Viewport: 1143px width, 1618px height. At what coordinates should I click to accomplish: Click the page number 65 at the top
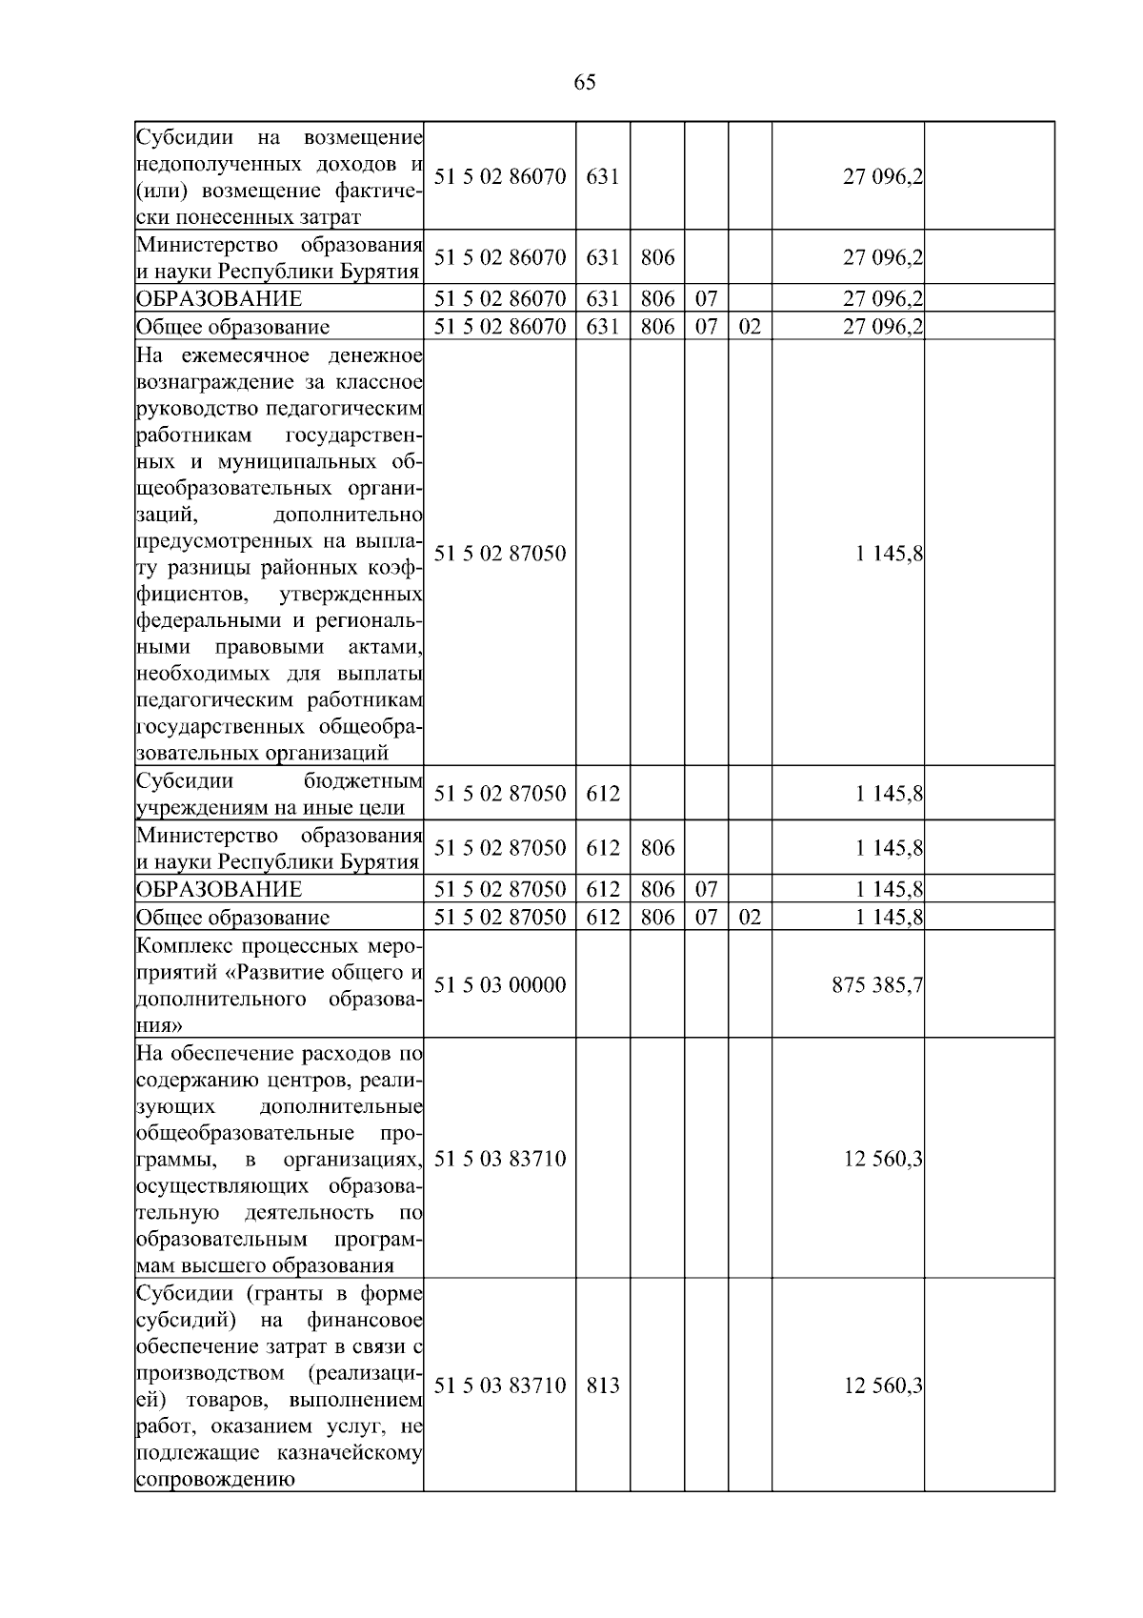tap(585, 83)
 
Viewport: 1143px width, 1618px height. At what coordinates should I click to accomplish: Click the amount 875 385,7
tap(876, 984)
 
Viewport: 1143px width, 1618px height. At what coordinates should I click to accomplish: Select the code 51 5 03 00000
tap(500, 984)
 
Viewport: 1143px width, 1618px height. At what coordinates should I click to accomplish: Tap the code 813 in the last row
tap(603, 1385)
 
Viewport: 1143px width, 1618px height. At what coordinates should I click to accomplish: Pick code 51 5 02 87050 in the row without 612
tap(500, 554)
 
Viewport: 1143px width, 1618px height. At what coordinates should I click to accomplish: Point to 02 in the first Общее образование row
tap(750, 327)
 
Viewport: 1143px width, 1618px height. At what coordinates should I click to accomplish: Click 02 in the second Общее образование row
tap(750, 918)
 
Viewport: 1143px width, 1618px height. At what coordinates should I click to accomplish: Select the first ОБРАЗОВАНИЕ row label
tap(219, 299)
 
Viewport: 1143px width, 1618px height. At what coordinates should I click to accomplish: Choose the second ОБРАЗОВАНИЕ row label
tap(219, 890)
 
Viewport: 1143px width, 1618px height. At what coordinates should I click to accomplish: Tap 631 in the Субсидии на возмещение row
tap(603, 177)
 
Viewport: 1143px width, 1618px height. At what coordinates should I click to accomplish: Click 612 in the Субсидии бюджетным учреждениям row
tap(603, 794)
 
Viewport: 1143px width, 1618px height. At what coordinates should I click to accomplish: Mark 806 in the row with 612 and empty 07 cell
tap(657, 848)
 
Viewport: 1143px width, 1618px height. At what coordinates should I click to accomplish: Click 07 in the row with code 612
tap(706, 890)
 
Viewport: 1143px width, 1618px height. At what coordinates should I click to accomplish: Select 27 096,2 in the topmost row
tap(882, 177)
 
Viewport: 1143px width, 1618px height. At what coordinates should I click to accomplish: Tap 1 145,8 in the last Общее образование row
tap(889, 918)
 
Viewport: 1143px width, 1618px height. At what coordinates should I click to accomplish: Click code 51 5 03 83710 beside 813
tap(500, 1385)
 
